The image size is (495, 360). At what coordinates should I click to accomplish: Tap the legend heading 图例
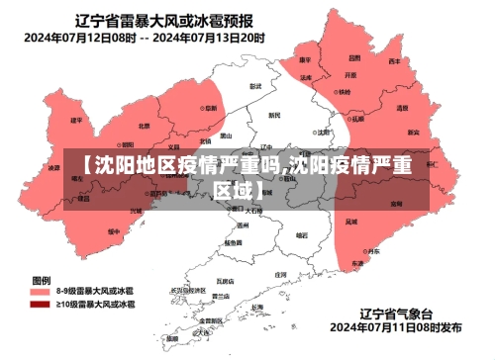(x=42, y=280)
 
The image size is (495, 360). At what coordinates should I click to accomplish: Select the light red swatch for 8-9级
(x=40, y=293)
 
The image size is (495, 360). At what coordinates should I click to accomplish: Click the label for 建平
(x=76, y=120)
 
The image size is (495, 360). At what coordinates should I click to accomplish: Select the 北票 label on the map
(x=145, y=126)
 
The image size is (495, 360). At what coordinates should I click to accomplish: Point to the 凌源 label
(x=54, y=168)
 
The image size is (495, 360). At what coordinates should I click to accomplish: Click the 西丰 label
(x=394, y=61)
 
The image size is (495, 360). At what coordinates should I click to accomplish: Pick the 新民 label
(x=275, y=115)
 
